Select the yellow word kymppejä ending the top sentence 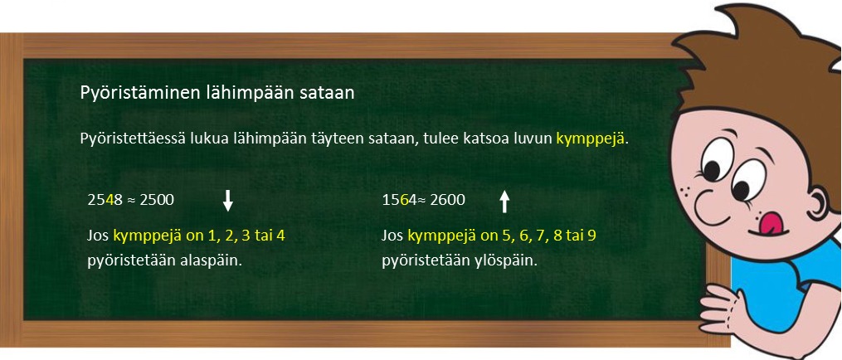click(x=590, y=139)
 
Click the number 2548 click(x=105, y=200)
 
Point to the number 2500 click(x=157, y=200)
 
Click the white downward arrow click(x=228, y=200)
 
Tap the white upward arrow click(x=504, y=200)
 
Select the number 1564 click(x=399, y=200)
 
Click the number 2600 click(x=447, y=200)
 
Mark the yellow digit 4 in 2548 click(x=109, y=200)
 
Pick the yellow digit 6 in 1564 click(x=403, y=200)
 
